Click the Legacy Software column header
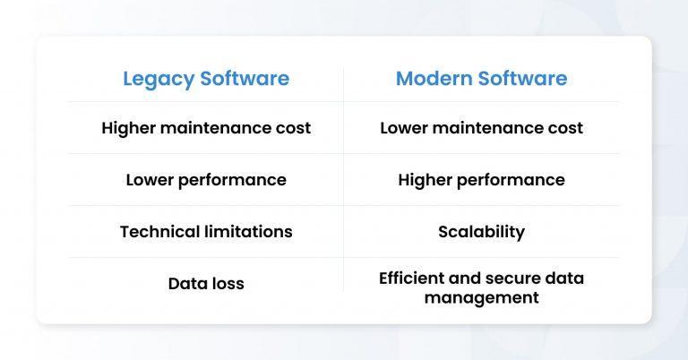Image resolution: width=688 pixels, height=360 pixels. click(206, 79)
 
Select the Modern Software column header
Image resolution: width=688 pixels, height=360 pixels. click(481, 79)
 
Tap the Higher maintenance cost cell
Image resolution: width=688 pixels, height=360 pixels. click(206, 128)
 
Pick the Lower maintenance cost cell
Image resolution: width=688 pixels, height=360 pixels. click(481, 128)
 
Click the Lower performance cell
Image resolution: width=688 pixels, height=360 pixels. click(206, 180)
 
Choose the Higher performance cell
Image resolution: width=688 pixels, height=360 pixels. click(481, 180)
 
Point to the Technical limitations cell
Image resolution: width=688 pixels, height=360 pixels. click(206, 232)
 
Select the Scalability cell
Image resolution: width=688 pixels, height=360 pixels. click(481, 232)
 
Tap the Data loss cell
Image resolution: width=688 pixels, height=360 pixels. click(206, 284)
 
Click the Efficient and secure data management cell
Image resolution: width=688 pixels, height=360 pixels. click(481, 287)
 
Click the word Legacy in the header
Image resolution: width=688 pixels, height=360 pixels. click(158, 79)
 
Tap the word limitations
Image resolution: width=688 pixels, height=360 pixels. click(248, 232)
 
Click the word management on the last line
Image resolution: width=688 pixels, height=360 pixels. click(481, 297)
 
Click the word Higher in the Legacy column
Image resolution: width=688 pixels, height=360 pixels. click(128, 128)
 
